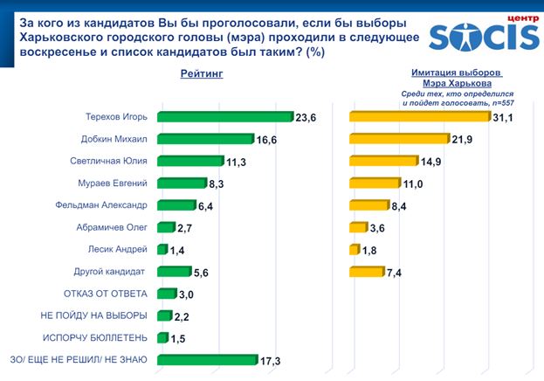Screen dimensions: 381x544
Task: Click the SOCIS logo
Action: (485, 31)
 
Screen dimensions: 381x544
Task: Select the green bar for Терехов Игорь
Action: (225, 116)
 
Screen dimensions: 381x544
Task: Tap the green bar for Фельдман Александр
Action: (176, 205)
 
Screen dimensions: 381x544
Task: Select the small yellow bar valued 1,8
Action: (354, 250)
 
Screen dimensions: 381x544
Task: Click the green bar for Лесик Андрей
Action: (162, 250)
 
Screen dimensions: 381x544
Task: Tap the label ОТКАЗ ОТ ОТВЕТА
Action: (107, 294)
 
